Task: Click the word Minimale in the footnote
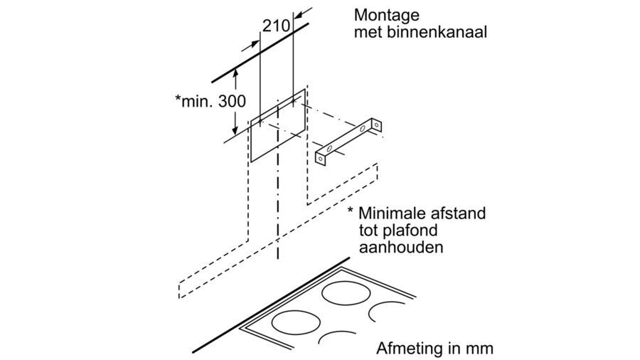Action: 394,213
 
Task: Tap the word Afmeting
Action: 405,349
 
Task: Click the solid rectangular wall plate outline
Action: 278,128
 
